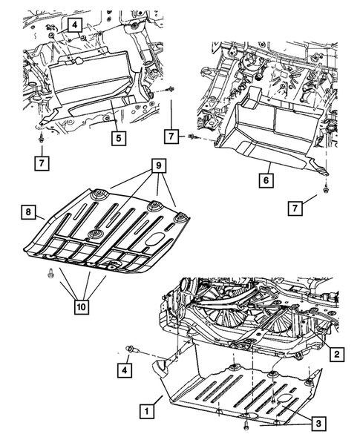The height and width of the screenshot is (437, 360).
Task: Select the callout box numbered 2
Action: tap(336, 356)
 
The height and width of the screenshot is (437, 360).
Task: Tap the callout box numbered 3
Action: tap(317, 423)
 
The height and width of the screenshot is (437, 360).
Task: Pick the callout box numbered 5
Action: tap(118, 137)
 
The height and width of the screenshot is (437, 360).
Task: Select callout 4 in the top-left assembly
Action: tap(76, 26)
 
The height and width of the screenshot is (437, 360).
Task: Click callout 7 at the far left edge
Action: tap(43, 160)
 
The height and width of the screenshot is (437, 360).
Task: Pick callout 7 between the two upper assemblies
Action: tap(171, 137)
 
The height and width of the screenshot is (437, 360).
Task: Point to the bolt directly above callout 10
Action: tap(50, 272)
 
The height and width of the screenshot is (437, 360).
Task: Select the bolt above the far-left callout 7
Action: tap(42, 139)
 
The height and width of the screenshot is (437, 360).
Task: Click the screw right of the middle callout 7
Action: tap(194, 137)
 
